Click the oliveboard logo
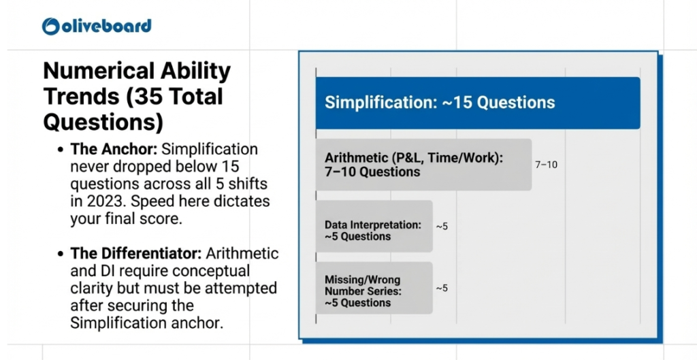point(96,26)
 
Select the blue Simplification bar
point(477,103)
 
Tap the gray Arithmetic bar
point(423,165)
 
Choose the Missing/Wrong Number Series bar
point(374,289)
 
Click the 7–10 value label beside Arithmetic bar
point(546,165)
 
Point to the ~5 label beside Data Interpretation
point(442,226)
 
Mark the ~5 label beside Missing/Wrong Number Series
point(442,288)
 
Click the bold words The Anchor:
point(114,150)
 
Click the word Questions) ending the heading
point(103,122)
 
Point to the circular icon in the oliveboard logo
point(51,26)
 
